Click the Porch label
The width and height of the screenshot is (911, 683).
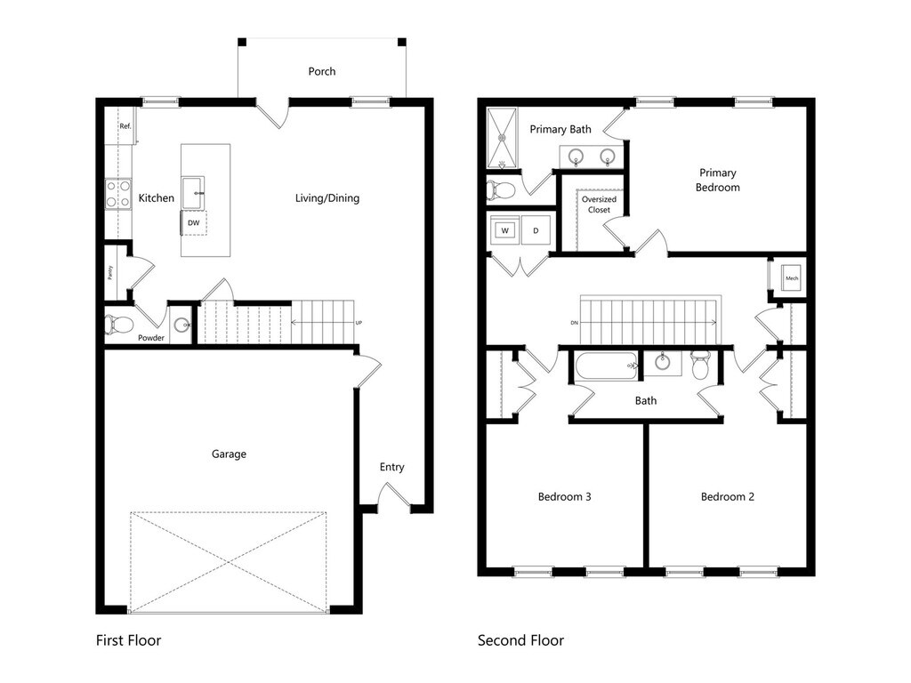pos(322,71)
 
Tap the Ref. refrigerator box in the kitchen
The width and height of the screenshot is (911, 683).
pos(125,126)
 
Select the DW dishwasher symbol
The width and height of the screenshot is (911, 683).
pos(193,223)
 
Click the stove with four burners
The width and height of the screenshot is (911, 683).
pos(117,194)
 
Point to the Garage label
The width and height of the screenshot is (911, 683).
pos(229,454)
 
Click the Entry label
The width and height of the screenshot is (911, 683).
pos(391,467)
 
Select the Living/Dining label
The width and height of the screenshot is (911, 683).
pos(327,198)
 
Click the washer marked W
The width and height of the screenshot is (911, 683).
pos(505,230)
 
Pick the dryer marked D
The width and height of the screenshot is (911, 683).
pos(536,230)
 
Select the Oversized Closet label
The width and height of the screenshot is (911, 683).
pos(599,205)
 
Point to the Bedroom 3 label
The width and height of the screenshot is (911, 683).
pos(565,496)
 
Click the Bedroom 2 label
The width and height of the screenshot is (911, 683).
pos(727,496)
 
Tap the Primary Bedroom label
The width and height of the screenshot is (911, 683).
pos(717,180)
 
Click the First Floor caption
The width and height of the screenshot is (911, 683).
pos(128,639)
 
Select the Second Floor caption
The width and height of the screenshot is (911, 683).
pos(520,639)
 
